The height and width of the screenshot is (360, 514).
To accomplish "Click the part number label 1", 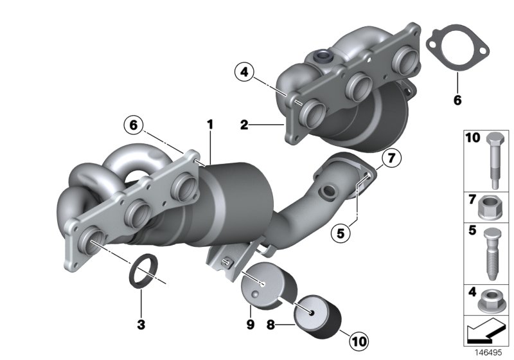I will [209, 122].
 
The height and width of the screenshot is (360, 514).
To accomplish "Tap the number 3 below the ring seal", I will [140, 323].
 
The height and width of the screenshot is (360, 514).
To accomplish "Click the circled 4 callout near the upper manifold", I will [244, 73].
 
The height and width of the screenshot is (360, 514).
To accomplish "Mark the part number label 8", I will [270, 325].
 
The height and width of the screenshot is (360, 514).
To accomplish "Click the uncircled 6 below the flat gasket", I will [457, 100].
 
